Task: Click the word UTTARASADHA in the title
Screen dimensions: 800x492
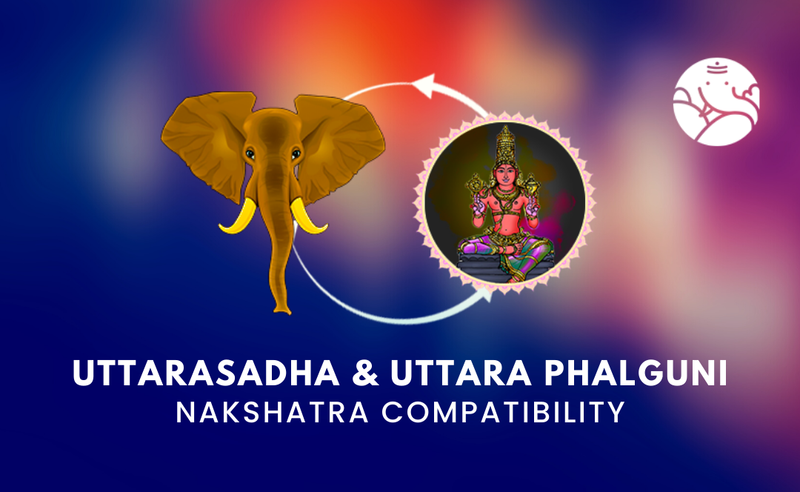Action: click(206, 373)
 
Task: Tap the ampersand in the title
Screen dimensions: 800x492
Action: click(365, 373)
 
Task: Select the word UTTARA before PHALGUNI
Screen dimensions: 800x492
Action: click(461, 373)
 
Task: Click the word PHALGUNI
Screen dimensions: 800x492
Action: click(636, 373)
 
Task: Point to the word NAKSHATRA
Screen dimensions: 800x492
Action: click(273, 413)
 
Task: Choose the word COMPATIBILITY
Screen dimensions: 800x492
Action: click(504, 413)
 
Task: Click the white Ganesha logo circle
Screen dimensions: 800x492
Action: click(716, 102)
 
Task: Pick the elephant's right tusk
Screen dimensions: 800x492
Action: click(307, 217)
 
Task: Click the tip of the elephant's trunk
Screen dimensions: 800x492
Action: click(282, 310)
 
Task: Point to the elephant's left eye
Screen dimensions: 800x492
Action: click(250, 153)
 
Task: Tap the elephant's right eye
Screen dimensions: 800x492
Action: click(296, 153)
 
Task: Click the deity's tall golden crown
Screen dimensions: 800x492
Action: click(505, 145)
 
